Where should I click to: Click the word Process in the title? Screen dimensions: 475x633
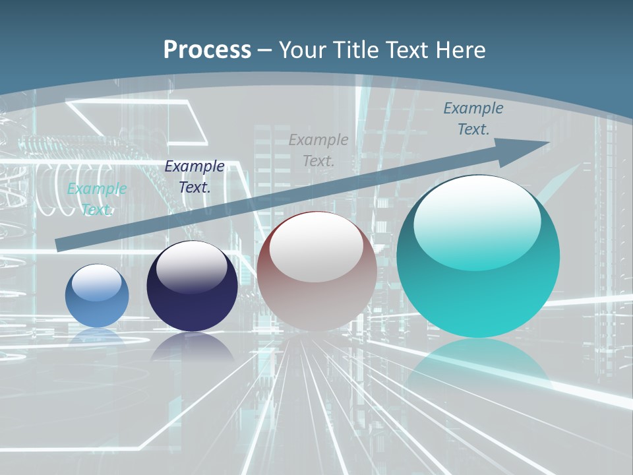(207, 49)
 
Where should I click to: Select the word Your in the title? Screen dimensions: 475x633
(303, 49)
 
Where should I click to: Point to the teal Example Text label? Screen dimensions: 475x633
(97, 199)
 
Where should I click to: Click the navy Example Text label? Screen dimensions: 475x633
(195, 177)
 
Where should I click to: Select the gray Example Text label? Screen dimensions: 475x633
(318, 150)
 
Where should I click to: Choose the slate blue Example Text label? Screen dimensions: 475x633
(473, 119)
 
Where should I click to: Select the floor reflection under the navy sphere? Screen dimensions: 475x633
(192, 346)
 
